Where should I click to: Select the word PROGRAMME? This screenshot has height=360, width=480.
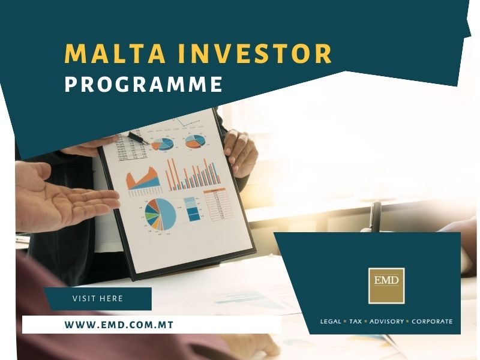(x=143, y=85)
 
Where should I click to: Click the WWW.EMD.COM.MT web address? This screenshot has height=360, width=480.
(x=119, y=325)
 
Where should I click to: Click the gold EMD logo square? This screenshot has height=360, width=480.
(x=386, y=286)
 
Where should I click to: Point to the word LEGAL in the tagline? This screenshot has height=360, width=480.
(x=331, y=322)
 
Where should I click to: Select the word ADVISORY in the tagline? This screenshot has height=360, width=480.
(x=387, y=322)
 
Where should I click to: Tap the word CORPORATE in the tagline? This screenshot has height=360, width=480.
(x=431, y=322)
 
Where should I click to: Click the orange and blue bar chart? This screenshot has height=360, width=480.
(x=192, y=174)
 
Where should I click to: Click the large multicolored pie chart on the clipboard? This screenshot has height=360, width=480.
(x=161, y=214)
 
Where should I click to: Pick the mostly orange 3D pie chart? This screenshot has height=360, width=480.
(x=194, y=142)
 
